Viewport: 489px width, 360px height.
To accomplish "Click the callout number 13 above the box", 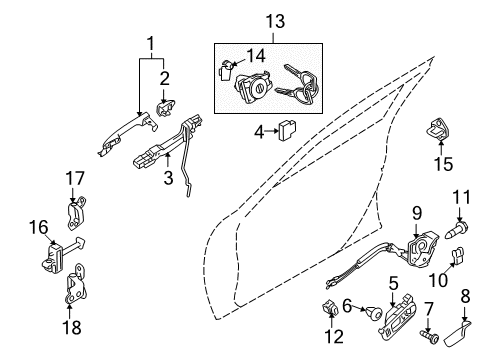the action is click(x=275, y=22).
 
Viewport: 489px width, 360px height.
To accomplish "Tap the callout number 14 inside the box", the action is click(x=256, y=56).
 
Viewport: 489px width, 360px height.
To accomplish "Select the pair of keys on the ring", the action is click(x=297, y=84).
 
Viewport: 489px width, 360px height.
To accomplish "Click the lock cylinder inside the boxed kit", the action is click(x=253, y=88).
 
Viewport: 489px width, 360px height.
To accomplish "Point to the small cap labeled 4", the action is click(x=288, y=130).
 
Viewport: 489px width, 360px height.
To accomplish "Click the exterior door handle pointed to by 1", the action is click(x=127, y=133).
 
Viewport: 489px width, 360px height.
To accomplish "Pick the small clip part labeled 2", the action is click(x=166, y=108).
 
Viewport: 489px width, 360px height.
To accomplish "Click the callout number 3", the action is click(x=168, y=177).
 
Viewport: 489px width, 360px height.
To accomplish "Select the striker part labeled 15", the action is click(x=438, y=128).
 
